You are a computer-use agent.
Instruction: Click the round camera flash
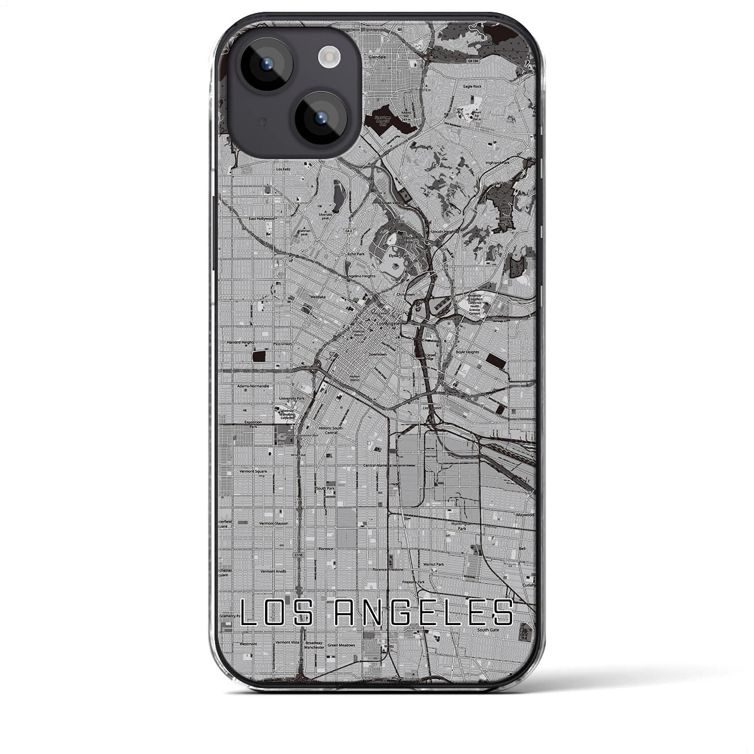point(326,57)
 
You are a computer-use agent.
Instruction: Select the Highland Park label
point(498,163)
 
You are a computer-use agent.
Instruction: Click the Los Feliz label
point(283,169)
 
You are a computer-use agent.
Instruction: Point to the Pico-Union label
point(283,343)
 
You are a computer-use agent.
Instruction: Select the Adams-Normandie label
point(253,386)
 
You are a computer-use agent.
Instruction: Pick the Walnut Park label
point(434,564)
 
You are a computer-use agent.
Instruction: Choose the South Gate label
point(488,630)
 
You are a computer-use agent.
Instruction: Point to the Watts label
point(386,646)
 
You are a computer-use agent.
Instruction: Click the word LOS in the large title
point(275,613)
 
